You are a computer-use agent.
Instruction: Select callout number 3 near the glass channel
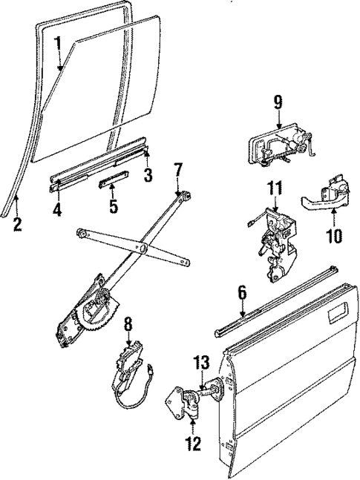point(148,177)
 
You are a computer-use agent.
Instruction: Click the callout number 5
point(113,205)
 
